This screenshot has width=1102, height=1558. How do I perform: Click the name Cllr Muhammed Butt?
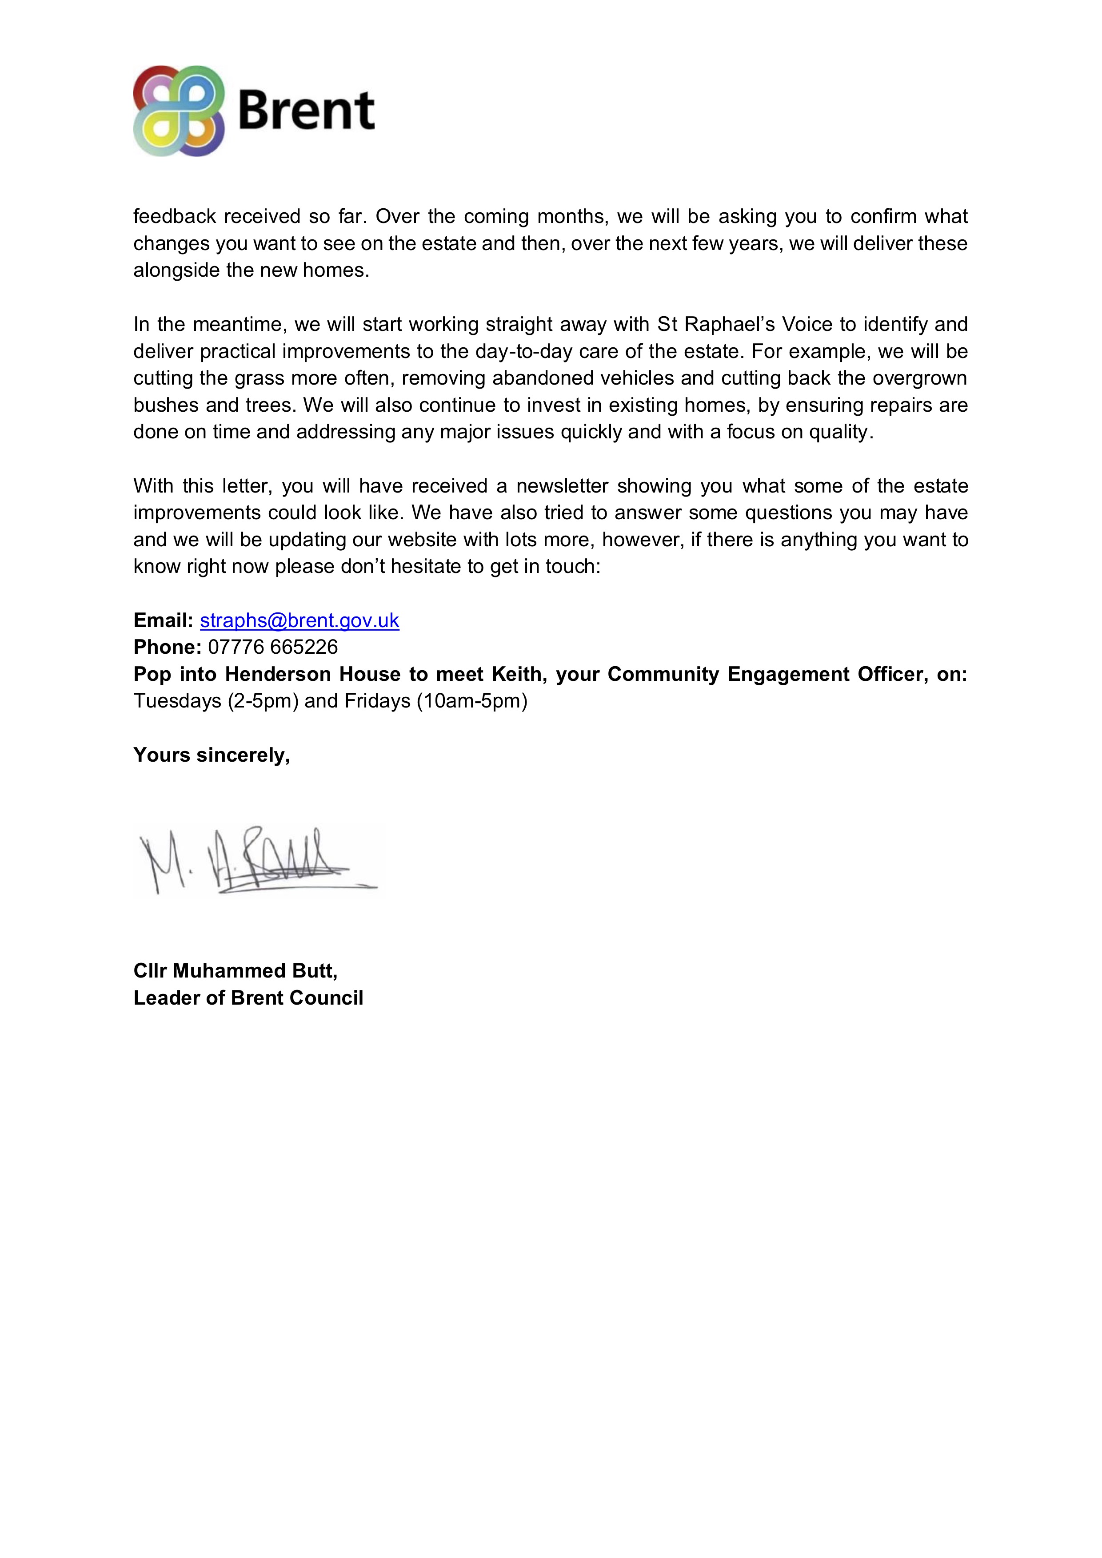coord(235,970)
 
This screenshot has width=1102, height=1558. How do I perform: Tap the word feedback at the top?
coord(175,216)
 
